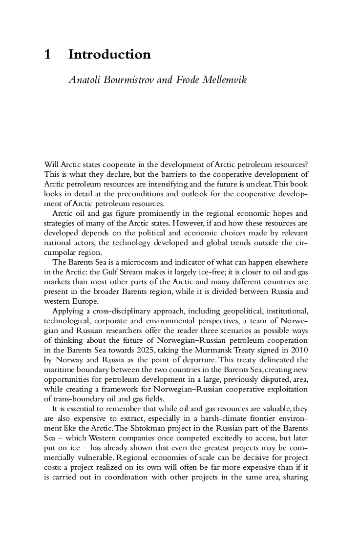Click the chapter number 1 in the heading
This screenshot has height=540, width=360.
click(47, 55)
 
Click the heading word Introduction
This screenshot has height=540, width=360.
click(109, 55)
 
